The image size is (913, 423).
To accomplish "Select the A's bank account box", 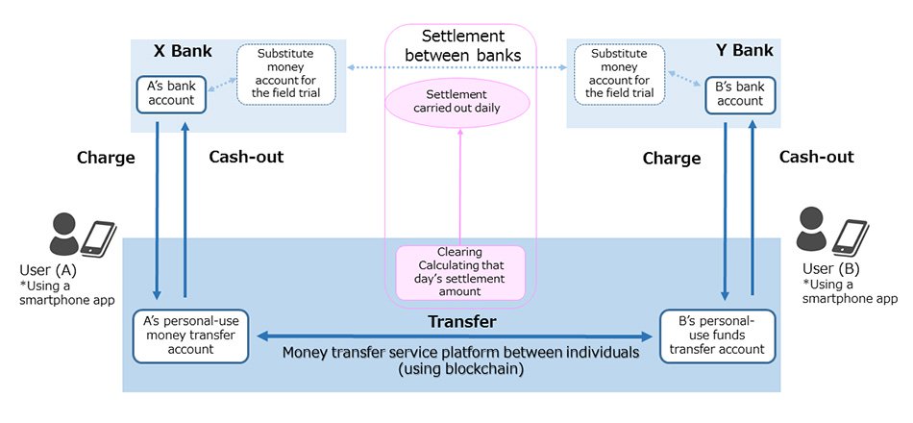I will point(170,93).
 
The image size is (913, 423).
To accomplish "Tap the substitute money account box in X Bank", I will point(286,74).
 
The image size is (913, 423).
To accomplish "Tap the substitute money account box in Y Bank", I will point(619,74).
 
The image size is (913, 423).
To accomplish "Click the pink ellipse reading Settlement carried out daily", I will point(456,102).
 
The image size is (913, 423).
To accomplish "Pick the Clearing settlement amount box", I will point(460,272).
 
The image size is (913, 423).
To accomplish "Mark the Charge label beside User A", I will point(106,158).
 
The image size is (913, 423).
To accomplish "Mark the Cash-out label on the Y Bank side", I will point(816,157).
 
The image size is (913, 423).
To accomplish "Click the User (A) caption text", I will point(47,270).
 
